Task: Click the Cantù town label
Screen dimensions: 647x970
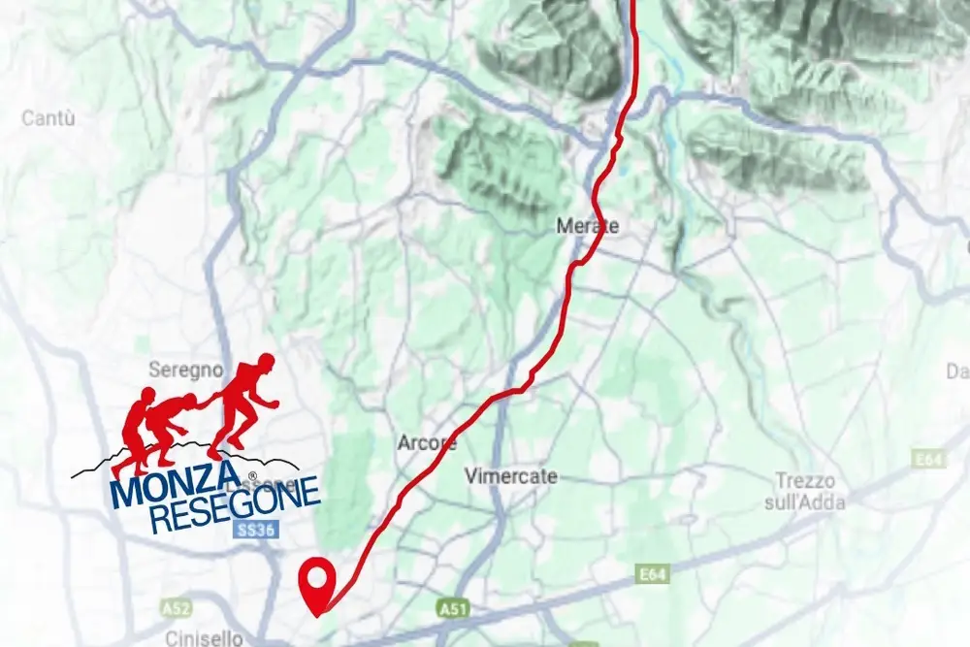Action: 48,118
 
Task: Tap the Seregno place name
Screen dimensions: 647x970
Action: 186,370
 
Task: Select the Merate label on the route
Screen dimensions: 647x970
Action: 587,226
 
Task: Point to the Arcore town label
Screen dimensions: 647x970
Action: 427,443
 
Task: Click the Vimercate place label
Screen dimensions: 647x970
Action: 511,476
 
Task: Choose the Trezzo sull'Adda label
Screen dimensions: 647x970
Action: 810,491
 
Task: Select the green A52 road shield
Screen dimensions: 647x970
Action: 176,608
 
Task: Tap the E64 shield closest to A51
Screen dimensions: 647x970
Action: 654,575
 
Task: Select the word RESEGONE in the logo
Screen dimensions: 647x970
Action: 235,504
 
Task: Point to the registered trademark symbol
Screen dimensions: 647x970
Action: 251,476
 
